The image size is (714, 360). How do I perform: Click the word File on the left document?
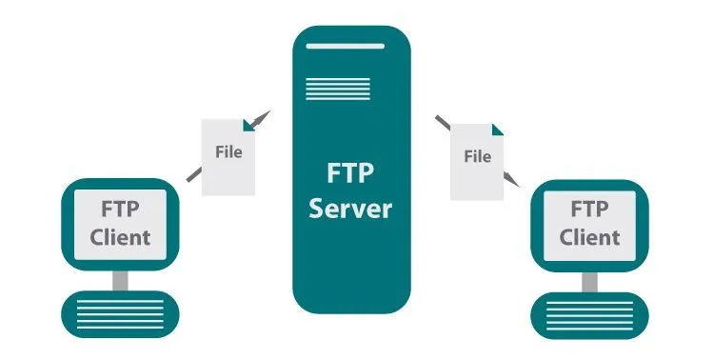click(x=228, y=151)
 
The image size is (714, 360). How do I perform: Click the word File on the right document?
click(x=477, y=156)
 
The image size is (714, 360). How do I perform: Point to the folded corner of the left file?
click(x=248, y=124)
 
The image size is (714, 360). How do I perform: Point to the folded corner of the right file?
click(x=496, y=130)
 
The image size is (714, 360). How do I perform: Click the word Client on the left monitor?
click(x=120, y=236)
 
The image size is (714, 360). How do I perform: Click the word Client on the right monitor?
click(x=589, y=236)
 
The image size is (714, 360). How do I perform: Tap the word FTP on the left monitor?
click(x=120, y=209)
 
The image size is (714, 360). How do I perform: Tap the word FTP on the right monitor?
click(x=589, y=209)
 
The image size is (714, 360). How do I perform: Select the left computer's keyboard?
click(x=121, y=311)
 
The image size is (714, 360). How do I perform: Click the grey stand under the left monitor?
click(x=121, y=279)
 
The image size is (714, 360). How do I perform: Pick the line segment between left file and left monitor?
click(x=192, y=174)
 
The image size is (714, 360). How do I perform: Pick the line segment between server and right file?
click(x=443, y=122)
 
